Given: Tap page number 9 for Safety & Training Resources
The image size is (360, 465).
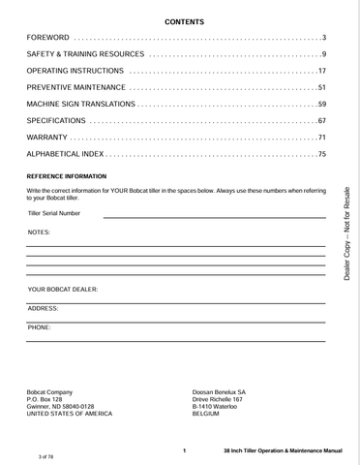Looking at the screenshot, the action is [x=323, y=53].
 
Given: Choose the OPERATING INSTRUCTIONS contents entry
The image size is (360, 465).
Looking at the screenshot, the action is [x=75, y=71].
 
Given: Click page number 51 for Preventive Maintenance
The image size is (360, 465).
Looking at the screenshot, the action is [x=321, y=88].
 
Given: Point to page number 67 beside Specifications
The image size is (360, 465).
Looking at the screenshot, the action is [x=321, y=121].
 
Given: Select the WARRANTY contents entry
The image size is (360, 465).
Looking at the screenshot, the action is [x=47, y=138].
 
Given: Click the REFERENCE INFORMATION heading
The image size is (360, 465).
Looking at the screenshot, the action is [x=67, y=177].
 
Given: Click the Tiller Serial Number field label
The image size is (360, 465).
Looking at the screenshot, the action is [x=54, y=213].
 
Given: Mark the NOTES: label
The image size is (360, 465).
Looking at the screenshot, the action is [x=40, y=233].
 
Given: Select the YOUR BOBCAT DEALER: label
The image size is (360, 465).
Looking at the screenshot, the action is [x=63, y=290].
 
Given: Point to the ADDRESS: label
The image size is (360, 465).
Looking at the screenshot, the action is [x=44, y=308].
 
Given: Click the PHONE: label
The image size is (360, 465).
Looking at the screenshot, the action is [x=40, y=327].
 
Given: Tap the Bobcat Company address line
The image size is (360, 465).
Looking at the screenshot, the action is [x=49, y=391].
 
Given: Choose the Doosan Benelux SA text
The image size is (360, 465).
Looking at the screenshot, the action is [x=220, y=391].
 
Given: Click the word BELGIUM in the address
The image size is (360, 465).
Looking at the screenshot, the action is [x=207, y=414].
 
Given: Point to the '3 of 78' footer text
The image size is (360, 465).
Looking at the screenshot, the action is [x=45, y=455].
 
